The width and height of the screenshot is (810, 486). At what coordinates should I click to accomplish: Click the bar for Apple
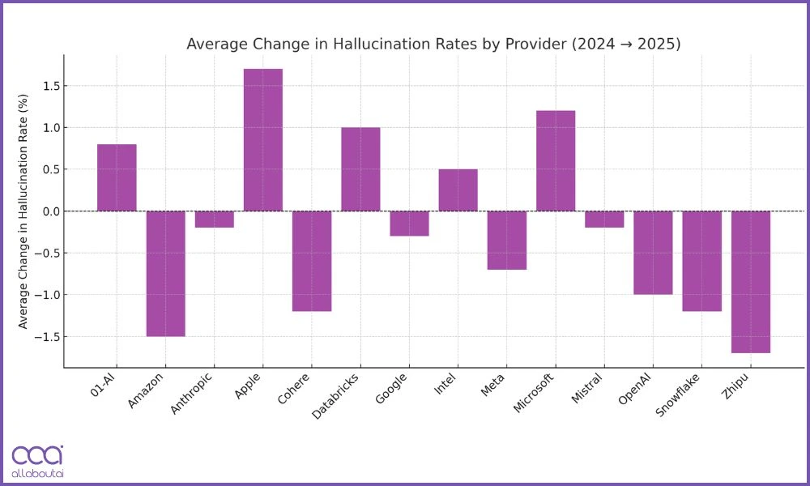tap(263, 139)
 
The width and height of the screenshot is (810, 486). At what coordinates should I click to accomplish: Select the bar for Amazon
tap(165, 273)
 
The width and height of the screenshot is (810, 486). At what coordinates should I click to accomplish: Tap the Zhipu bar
tap(750, 282)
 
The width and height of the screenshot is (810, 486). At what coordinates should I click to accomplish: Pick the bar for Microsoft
tap(556, 160)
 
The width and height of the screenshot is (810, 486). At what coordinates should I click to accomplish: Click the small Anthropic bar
tap(214, 220)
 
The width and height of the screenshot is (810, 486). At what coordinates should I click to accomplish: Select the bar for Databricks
tap(360, 169)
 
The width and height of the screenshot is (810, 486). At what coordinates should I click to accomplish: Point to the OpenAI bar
tap(653, 253)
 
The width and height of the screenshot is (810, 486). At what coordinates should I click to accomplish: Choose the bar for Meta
tap(507, 240)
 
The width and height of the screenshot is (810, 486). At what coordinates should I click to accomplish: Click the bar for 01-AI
tap(117, 177)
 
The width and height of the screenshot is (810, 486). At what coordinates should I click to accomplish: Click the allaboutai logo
tap(37, 461)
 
